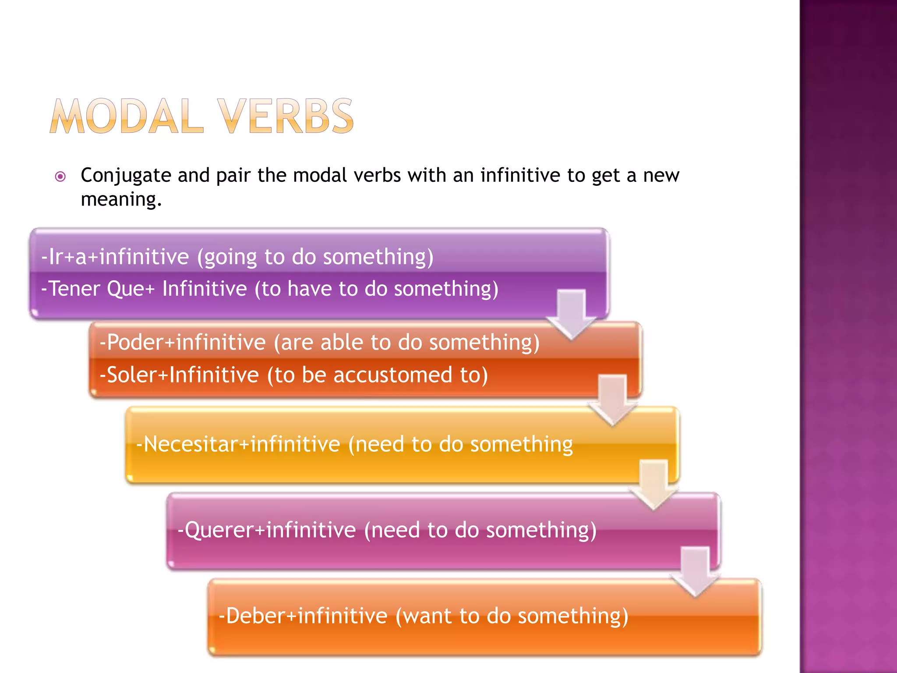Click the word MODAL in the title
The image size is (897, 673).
pyautogui.click(x=127, y=117)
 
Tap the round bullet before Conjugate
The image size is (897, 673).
pyautogui.click(x=60, y=177)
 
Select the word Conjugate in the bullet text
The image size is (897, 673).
pyautogui.click(x=126, y=176)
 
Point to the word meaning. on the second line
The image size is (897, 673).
pyautogui.click(x=121, y=199)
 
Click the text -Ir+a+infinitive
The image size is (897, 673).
pyautogui.click(x=115, y=257)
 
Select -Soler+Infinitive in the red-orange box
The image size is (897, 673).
pyautogui.click(x=179, y=375)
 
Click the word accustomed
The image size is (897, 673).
pyautogui.click(x=392, y=375)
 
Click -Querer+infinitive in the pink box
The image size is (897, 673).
pyautogui.click(x=267, y=530)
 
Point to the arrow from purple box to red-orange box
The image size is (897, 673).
pyautogui.click(x=572, y=315)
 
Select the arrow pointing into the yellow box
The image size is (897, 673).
pyautogui.click(x=613, y=400)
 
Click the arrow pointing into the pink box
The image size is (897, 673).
pyautogui.click(x=653, y=484)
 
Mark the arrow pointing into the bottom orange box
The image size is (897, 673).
pyautogui.click(x=695, y=570)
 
